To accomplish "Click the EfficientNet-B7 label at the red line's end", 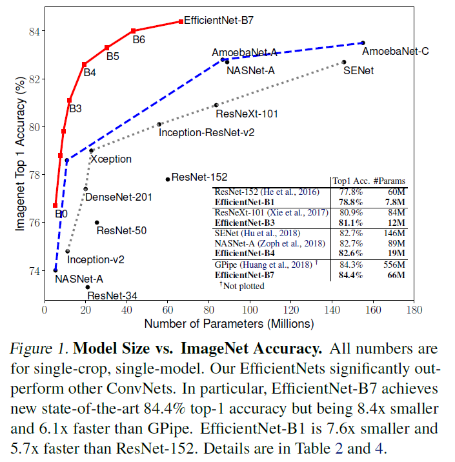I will (219, 20).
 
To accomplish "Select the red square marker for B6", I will (133, 31).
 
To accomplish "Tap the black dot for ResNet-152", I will (168, 179).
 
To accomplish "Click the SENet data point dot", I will (344, 62).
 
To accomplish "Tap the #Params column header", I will (389, 181).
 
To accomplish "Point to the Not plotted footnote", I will (246, 285).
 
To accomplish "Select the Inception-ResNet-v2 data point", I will (159, 125).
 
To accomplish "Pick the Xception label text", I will (111, 159).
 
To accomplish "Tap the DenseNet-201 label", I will (119, 197).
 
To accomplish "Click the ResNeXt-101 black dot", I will (216, 105).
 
